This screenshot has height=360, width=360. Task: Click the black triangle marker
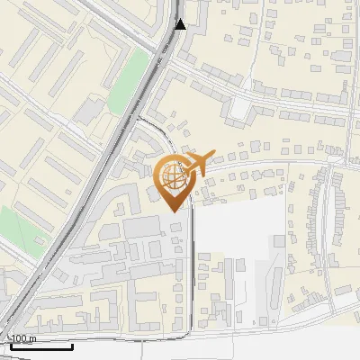coord(181,23)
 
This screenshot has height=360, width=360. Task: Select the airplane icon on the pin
coord(198,163)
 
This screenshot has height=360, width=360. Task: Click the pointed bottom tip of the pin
coord(174,211)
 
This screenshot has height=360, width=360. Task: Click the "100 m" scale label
coord(22,338)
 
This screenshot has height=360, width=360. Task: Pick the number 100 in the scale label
coord(17,338)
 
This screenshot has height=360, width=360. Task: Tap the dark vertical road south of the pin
coord(193,270)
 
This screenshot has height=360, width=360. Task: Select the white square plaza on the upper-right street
coord(240,108)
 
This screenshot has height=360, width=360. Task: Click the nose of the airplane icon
coord(212,156)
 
